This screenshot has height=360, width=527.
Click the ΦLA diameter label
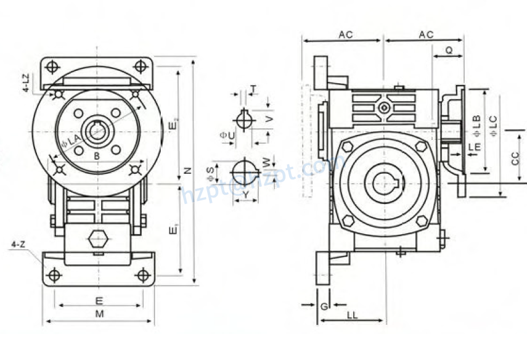click(71, 141)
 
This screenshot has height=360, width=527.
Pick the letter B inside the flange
click(97, 156)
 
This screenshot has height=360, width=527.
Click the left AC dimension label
click(345, 35)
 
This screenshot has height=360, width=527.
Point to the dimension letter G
click(325, 305)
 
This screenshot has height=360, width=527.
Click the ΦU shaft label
click(226, 134)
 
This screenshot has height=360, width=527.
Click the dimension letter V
click(269, 118)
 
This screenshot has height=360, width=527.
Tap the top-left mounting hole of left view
click(54, 66)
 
